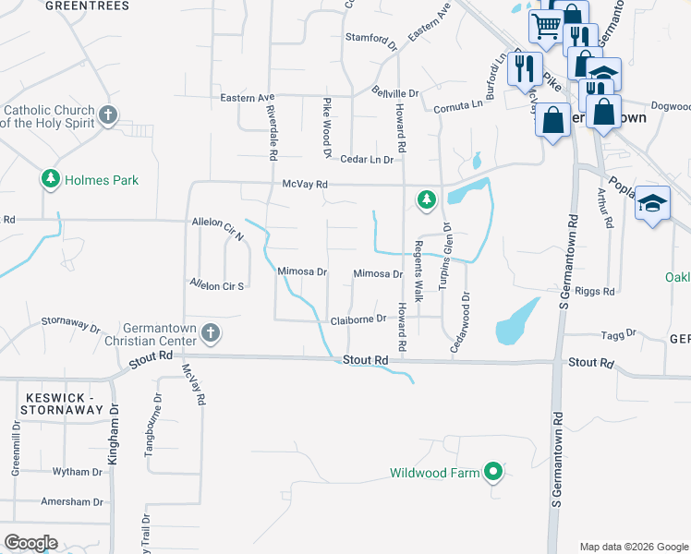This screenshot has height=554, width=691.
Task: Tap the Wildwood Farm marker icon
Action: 493,474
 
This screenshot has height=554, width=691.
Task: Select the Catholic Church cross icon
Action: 108,115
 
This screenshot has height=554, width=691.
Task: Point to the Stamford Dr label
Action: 370,38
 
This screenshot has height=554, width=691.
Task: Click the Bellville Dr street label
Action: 396,93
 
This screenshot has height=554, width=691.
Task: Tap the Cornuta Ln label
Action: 459,105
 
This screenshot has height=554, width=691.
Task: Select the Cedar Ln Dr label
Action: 367,160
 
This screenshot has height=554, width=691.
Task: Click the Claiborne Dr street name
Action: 358,319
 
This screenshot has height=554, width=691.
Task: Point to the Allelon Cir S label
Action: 216,285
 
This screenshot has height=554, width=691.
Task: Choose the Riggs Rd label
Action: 595,291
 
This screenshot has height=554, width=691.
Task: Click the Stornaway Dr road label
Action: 70,324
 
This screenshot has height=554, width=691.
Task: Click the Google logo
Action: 30,543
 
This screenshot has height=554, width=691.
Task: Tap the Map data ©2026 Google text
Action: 633,547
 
